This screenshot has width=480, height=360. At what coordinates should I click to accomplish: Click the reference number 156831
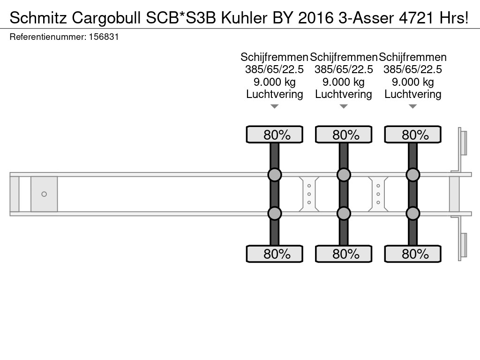point(104,37)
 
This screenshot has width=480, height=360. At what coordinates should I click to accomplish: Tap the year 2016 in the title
point(315,18)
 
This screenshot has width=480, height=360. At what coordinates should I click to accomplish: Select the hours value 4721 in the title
point(416,18)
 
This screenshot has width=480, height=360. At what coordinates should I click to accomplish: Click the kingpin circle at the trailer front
point(44,194)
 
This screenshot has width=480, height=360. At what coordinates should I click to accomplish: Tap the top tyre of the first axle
point(275,135)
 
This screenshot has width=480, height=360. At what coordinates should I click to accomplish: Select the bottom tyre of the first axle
point(275,254)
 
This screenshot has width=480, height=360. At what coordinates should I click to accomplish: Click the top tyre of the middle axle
point(344,135)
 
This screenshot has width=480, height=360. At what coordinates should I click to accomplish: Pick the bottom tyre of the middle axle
point(344,254)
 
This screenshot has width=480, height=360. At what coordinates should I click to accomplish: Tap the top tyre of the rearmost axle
point(412,135)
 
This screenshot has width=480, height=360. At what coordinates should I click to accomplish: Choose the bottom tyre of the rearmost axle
point(412,254)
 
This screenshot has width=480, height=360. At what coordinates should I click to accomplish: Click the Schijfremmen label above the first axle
point(274,57)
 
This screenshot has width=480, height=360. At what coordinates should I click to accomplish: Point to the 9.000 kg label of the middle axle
point(344,82)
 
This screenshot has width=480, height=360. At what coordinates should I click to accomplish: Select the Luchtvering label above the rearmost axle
point(412,94)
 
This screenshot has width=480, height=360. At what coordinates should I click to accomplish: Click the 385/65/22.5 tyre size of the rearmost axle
point(412,69)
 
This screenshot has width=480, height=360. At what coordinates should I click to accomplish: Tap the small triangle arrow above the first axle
point(275,106)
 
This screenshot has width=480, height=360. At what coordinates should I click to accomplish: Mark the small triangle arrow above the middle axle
point(344,106)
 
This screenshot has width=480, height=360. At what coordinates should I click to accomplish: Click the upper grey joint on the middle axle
point(344,175)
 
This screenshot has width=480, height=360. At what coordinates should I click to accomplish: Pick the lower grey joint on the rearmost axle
point(412,213)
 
